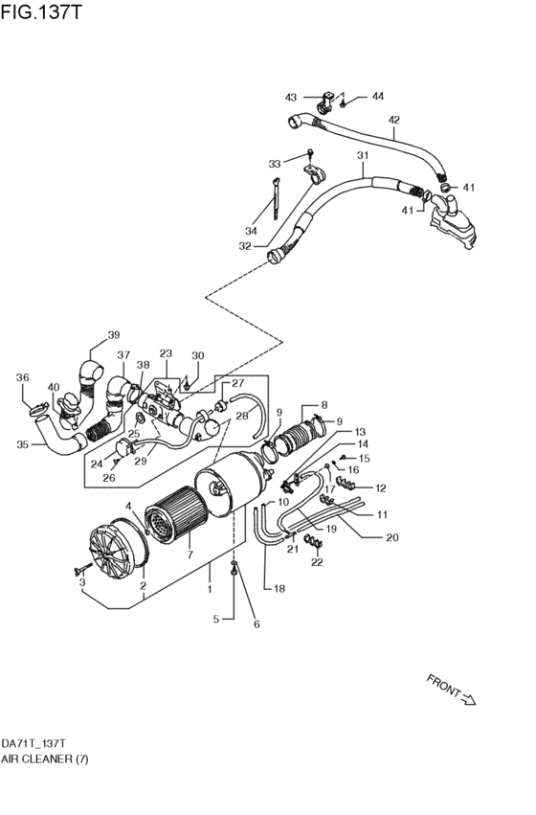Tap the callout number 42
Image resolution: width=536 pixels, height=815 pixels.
pos(393,120)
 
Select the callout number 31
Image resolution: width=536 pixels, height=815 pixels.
pos(362,156)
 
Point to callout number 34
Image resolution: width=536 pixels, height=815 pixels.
pos(252,231)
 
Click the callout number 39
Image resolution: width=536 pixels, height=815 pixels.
pos(114,335)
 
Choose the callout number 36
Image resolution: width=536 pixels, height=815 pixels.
pos(23,377)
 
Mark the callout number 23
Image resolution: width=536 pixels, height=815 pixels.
pos(166,353)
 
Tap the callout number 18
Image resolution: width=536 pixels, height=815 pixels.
pos(279,588)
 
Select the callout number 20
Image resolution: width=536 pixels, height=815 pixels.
pos(391,536)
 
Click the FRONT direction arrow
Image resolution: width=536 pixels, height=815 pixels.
pos(451,690)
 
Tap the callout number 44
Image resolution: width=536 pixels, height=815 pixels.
pos(377,97)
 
